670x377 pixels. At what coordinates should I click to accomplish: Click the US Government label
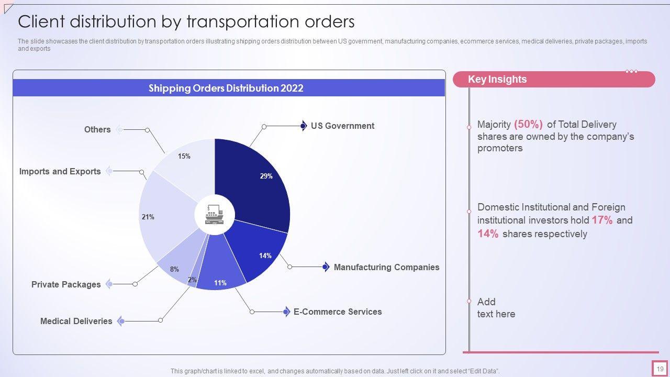coord(342,126)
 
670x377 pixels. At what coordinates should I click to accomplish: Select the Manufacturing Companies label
coord(386,267)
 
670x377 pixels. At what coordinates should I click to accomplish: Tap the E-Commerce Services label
coord(338,312)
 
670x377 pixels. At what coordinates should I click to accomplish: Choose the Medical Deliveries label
coord(76,321)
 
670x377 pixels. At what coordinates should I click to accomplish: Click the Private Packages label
coord(66,284)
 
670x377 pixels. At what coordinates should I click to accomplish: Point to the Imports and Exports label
coord(60,171)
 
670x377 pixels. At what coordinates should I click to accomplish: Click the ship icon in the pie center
coord(214,215)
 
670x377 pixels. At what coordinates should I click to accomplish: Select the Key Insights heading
coord(497,80)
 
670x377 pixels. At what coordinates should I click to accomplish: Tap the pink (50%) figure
coord(528,125)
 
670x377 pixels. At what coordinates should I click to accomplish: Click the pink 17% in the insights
coord(602,220)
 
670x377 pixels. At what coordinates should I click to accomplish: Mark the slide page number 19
coord(660,369)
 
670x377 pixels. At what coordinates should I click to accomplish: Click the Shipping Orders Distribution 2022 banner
coord(226,88)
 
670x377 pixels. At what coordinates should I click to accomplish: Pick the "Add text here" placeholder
coord(496,308)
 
